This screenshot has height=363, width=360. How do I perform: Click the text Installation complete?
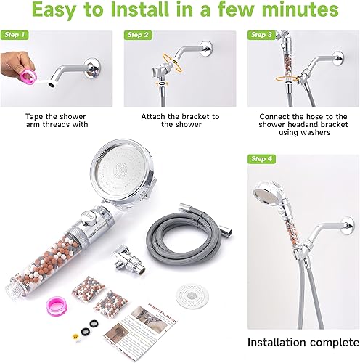click(x=300, y=342)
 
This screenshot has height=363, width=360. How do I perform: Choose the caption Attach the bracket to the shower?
click(x=179, y=120)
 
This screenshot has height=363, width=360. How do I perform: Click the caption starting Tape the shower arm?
click(x=56, y=120)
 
